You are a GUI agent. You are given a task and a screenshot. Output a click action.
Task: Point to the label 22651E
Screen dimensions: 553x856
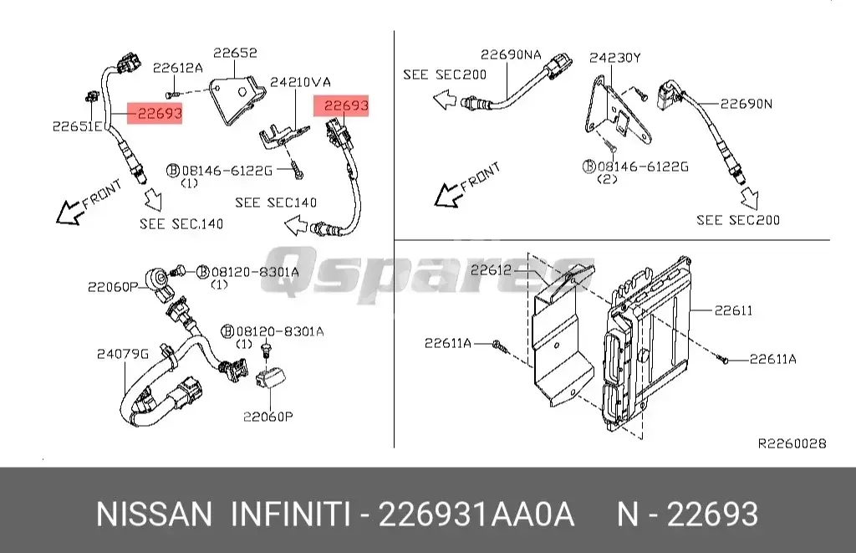(77, 126)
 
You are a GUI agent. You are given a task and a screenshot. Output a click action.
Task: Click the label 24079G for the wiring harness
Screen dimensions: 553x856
(122, 353)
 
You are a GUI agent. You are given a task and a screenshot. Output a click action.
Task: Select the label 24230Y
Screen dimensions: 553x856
(614, 58)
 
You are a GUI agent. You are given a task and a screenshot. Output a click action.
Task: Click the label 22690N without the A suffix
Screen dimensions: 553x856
(746, 104)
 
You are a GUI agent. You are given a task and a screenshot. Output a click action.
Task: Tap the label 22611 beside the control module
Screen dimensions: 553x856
(733, 310)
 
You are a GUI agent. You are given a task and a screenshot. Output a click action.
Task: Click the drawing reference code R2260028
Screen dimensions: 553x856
(792, 443)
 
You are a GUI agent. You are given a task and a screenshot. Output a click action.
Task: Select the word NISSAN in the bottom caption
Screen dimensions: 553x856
(155, 514)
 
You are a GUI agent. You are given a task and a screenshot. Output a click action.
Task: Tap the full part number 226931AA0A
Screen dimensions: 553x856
(476, 514)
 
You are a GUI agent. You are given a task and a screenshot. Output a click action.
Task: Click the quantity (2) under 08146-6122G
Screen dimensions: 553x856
(607, 179)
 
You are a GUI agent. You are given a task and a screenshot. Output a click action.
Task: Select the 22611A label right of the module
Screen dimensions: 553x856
(772, 359)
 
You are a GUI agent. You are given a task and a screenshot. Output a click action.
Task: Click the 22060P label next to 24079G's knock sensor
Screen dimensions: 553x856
(112, 287)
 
